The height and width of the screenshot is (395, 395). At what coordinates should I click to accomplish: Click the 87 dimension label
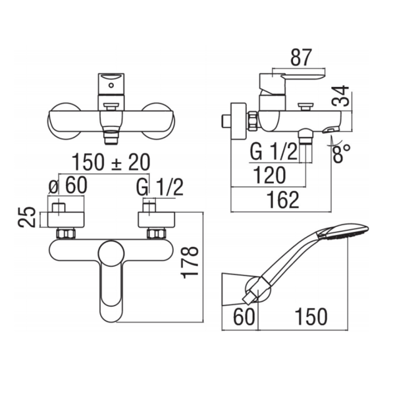tap(302, 57)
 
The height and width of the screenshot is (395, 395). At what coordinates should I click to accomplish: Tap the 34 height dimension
tap(340, 95)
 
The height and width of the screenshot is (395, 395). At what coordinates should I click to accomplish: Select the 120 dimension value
tap(269, 175)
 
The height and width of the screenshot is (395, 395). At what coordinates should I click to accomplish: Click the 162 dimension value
tap(283, 200)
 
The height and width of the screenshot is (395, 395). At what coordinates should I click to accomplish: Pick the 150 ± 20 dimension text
tap(111, 162)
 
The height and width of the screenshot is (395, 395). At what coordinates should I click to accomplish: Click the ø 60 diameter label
tap(68, 186)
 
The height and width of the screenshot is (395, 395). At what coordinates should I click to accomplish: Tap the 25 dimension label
tap(27, 217)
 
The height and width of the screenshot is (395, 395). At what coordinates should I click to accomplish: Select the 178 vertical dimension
tap(190, 263)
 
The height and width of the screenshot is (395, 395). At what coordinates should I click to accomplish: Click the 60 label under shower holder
tap(244, 317)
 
